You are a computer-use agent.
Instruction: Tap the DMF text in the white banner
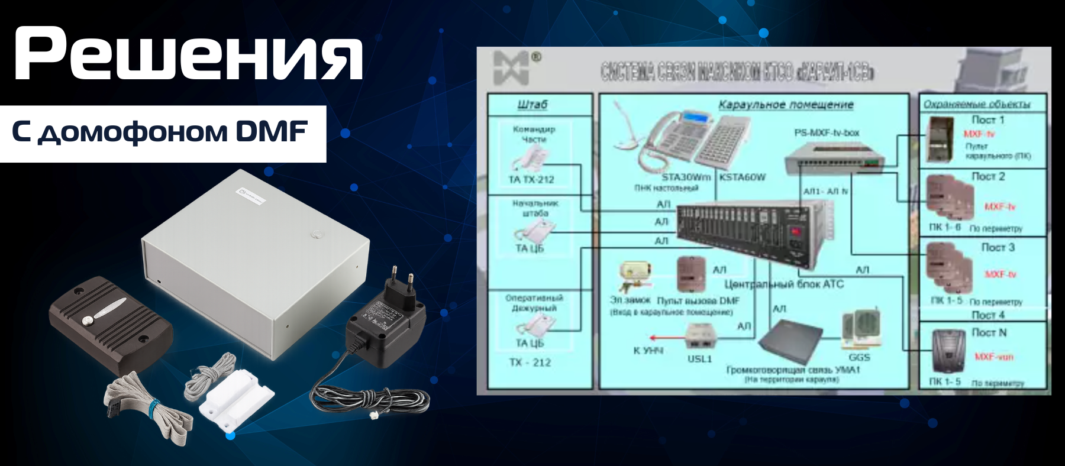(272, 131)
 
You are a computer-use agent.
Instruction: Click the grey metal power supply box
(254, 260)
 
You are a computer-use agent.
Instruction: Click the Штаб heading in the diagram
(532, 105)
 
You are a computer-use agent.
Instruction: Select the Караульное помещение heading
(786, 105)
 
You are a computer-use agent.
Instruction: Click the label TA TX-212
(531, 179)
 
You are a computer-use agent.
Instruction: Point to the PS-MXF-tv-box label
(827, 132)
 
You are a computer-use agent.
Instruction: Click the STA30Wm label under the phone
(686, 177)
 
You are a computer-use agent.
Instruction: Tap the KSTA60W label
(743, 177)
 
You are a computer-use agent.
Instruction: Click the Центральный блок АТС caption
(784, 284)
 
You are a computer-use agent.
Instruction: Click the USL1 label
(699, 358)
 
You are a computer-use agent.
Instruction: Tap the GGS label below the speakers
(859, 357)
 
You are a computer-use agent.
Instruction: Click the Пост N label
(989, 332)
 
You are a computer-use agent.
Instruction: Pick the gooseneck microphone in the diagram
(627, 130)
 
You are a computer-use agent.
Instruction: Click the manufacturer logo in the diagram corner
(513, 67)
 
